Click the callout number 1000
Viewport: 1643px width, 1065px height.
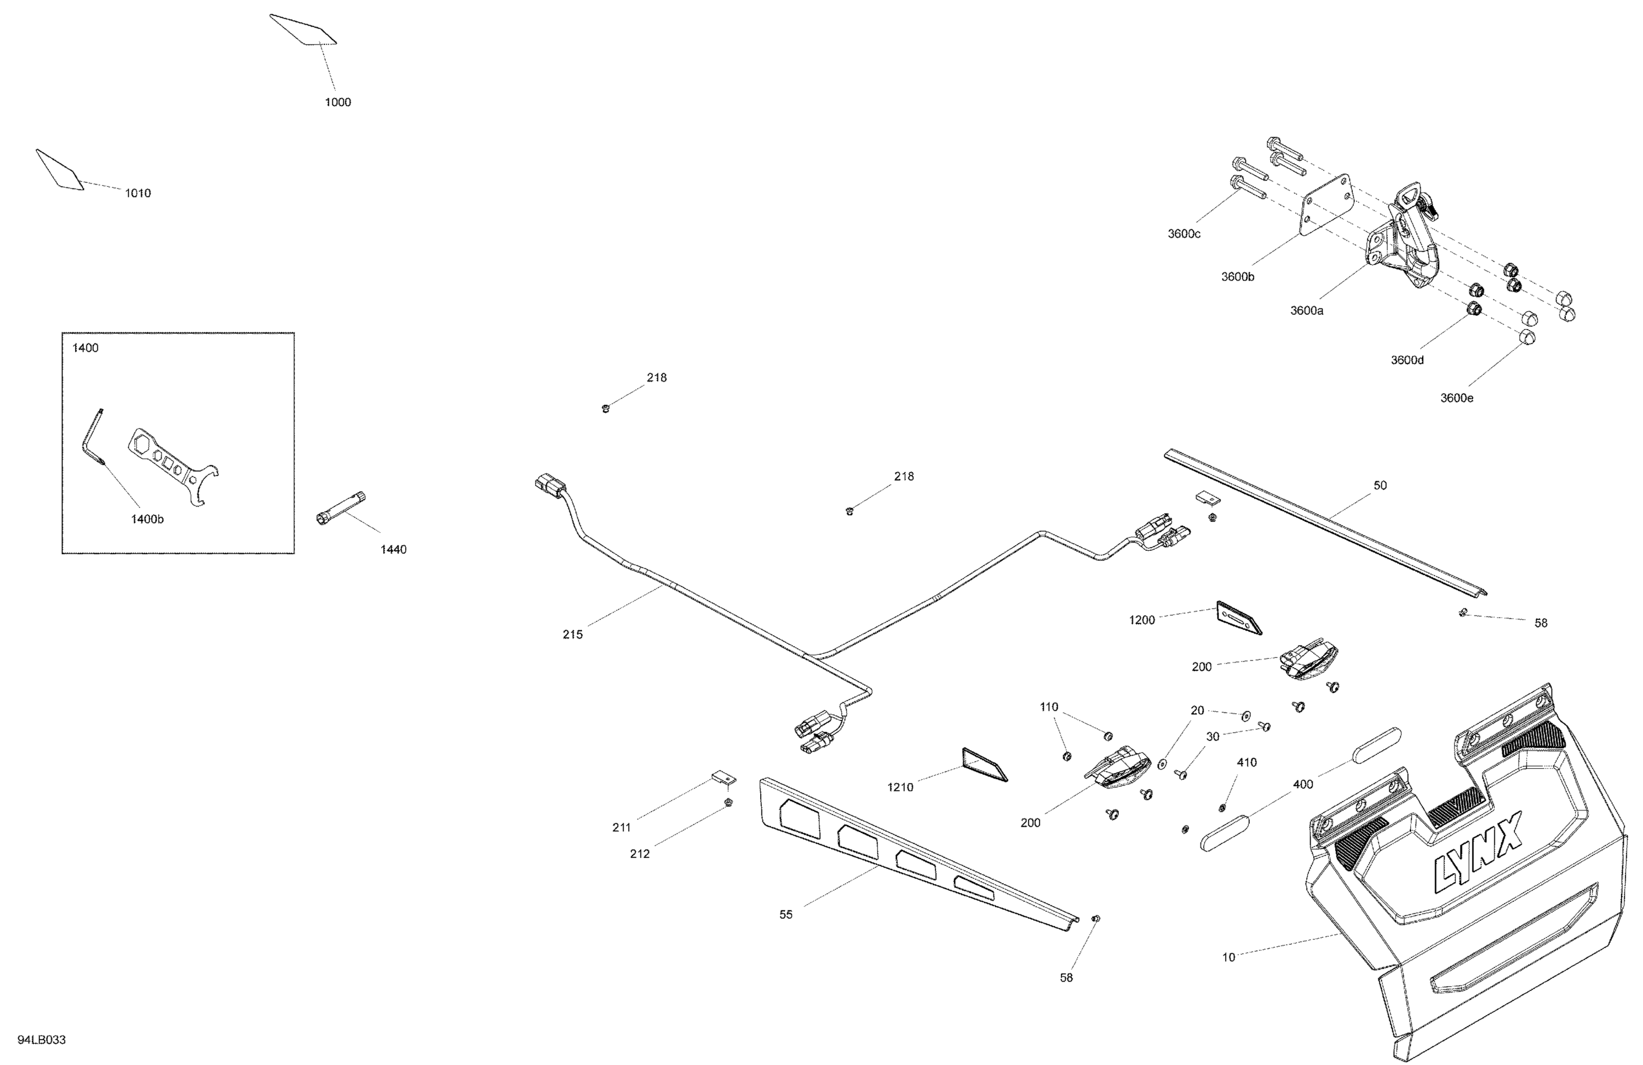coord(337,102)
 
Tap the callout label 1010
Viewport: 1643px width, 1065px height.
coord(137,193)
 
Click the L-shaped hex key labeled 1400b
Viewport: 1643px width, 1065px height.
coord(92,438)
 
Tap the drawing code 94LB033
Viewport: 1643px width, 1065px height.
coord(42,1039)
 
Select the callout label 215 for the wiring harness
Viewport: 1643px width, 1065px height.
coord(572,634)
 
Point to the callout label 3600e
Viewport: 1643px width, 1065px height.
coord(1457,398)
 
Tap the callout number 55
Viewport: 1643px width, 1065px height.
coord(785,914)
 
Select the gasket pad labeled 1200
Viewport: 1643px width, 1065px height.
coord(1238,617)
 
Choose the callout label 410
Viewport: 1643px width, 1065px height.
coord(1246,763)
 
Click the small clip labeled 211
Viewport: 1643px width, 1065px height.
coord(723,779)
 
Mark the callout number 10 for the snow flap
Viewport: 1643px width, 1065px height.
coord(1228,957)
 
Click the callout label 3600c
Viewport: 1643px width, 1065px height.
coord(1184,234)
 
